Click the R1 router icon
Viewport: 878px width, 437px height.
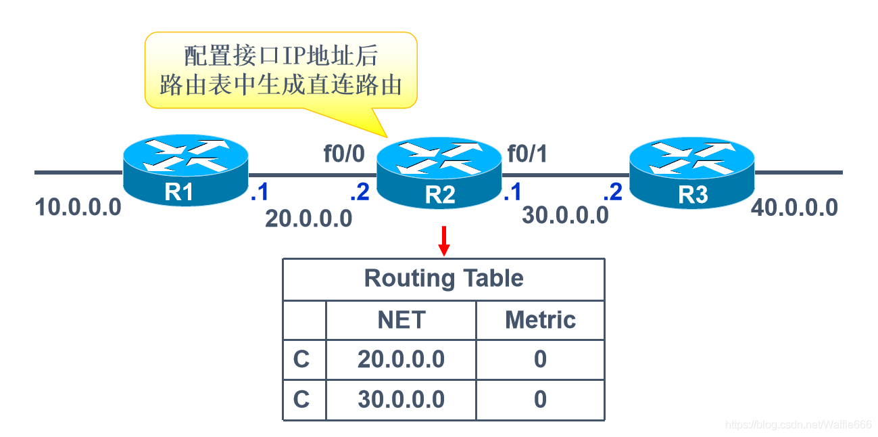(186, 170)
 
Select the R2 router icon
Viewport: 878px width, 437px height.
(439, 172)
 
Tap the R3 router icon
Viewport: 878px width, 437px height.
(692, 172)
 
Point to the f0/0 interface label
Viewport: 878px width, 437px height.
(344, 154)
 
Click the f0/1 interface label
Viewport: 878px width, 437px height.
(527, 154)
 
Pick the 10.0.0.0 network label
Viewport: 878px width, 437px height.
(78, 207)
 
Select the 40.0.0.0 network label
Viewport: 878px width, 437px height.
(794, 207)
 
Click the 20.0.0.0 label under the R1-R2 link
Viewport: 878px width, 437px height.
(308, 218)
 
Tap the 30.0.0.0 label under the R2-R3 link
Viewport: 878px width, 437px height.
(565, 215)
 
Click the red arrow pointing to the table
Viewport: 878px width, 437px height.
(444, 241)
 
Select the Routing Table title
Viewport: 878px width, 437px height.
(443, 278)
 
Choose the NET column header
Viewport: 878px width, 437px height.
(401, 320)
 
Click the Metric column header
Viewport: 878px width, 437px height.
(541, 320)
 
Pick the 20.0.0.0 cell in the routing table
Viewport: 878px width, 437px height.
(401, 359)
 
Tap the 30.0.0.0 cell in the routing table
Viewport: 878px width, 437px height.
(401, 399)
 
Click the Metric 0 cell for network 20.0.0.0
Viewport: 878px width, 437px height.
(540, 359)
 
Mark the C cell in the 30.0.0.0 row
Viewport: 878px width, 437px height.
(301, 399)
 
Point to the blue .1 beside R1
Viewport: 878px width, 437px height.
(260, 191)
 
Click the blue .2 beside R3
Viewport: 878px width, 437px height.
(612, 191)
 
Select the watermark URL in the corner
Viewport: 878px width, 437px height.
(798, 425)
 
